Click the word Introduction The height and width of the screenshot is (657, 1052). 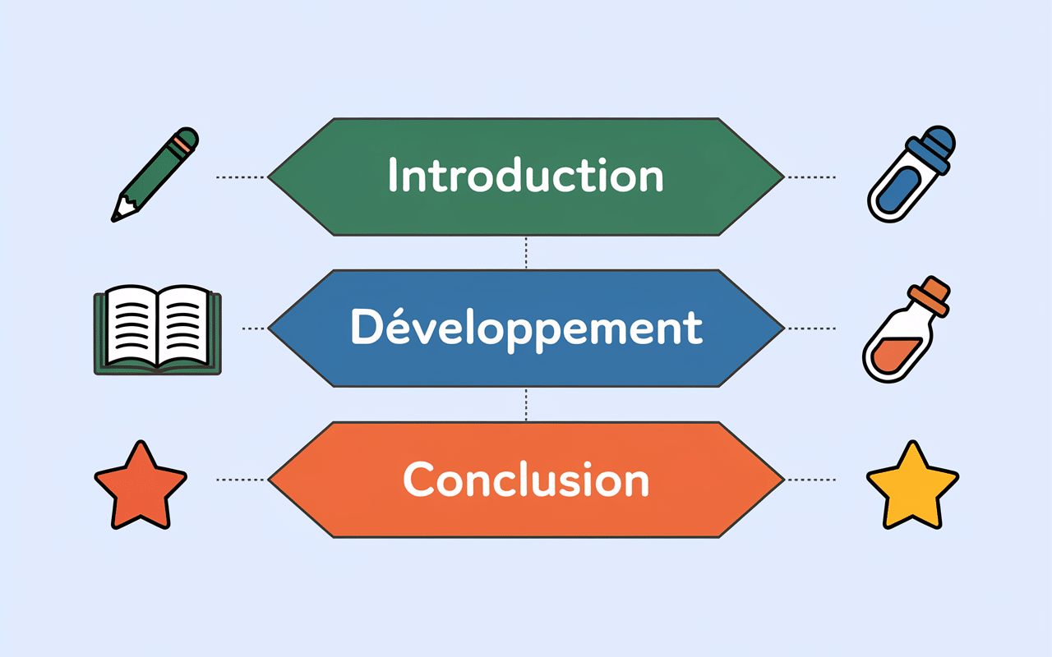pos(525,176)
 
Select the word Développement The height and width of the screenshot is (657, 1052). pos(526,328)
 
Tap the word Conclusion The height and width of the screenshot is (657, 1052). pos(526,480)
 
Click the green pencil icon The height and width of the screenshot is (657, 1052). pos(155,174)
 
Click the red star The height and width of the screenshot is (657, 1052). pos(141,485)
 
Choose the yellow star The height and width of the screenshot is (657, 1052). pos(912,485)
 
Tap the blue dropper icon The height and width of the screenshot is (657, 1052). pos(911,174)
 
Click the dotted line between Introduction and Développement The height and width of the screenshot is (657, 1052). pos(526,252)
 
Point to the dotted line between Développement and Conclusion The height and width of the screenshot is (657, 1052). pos(526,404)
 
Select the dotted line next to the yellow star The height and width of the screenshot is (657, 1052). pos(811,480)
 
